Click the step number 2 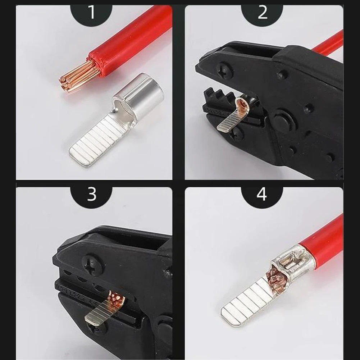(x=263, y=13)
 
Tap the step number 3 (x=92, y=194)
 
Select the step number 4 (x=262, y=194)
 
